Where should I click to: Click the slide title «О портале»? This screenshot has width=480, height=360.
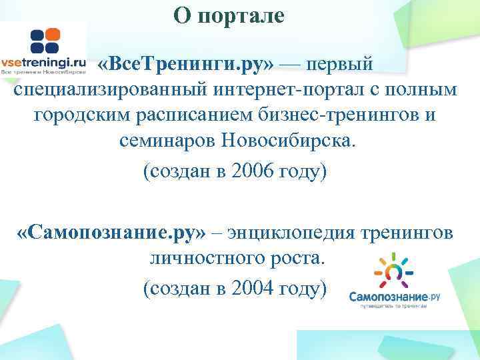point(229,15)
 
